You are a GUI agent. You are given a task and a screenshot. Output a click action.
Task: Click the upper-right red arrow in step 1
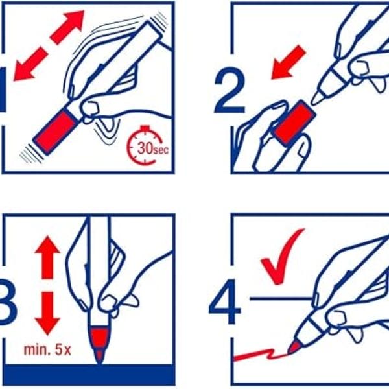67,27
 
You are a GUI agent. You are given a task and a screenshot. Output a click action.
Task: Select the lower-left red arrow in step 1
30,64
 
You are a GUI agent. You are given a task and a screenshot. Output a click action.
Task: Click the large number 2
230,90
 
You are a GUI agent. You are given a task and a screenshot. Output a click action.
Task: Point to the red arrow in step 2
289,62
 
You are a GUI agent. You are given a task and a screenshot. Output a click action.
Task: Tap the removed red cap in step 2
294,123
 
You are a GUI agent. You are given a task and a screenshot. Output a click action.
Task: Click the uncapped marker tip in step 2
318,98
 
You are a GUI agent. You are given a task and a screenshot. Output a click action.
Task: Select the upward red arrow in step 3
47,257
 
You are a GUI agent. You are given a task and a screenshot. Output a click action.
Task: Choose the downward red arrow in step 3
47,313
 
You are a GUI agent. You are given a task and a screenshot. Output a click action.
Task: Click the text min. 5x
47,350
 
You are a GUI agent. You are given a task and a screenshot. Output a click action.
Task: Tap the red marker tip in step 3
99,346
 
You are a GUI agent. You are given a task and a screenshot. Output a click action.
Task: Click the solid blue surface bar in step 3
89,375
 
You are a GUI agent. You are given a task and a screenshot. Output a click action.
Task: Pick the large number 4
225,302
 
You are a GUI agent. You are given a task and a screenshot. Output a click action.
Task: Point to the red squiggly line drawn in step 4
261,355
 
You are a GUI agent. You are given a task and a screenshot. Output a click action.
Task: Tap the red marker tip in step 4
295,347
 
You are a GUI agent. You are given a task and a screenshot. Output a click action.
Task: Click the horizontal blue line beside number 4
281,299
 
